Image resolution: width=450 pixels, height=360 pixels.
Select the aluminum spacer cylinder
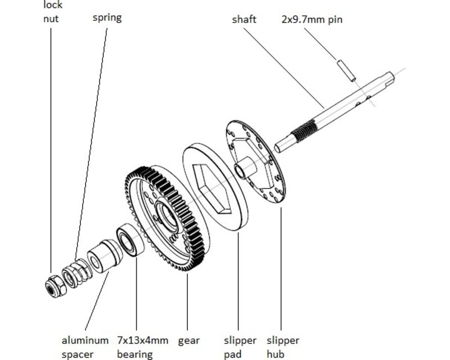coord(105,256)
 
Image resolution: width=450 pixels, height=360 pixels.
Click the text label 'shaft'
coord(244,20)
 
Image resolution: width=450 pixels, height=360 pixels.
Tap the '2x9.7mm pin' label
coord(312,20)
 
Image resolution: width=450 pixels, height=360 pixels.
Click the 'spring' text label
coord(107,17)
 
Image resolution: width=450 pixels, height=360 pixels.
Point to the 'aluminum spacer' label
coord(85,347)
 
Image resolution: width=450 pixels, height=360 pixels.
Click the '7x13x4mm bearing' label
coord(142,347)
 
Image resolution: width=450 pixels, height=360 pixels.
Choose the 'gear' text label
coord(189,341)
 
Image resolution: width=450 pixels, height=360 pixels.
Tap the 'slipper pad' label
coord(240,347)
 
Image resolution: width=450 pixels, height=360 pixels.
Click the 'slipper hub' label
coord(282,347)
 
